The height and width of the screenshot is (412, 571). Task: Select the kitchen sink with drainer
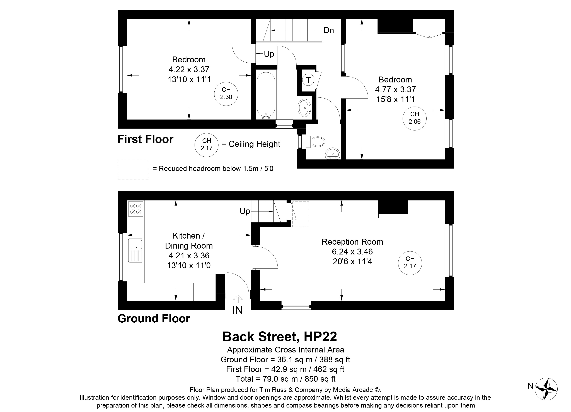tap(136, 251)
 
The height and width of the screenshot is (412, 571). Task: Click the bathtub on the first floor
tap(266, 96)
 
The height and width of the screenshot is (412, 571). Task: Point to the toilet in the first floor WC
tap(315, 142)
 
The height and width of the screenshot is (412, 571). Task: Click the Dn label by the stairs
tap(329, 30)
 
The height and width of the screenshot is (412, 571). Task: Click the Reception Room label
tap(352, 242)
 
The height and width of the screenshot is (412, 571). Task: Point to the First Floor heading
tap(146, 139)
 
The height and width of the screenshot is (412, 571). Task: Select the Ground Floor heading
tap(154, 319)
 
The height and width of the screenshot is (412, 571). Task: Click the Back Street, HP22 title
tap(280, 337)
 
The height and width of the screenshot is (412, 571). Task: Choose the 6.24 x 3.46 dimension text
tap(352, 252)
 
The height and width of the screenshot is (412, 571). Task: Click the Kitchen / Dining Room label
tap(189, 241)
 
